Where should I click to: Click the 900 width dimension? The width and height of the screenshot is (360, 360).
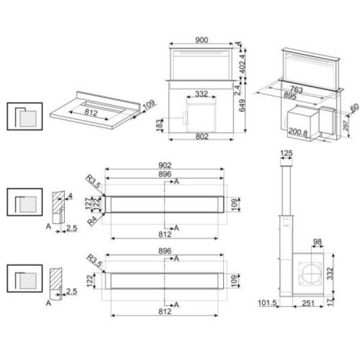tap(202, 40)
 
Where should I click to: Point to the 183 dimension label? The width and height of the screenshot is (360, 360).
tap(158, 124)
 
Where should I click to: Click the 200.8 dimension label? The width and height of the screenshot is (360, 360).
tap(298, 131)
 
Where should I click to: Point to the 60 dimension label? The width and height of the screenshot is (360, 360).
tap(353, 107)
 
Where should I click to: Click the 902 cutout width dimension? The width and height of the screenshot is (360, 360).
tap(166, 165)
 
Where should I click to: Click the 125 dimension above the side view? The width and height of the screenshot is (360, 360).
tap(286, 155)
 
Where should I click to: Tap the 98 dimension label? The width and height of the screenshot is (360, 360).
tap(317, 242)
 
